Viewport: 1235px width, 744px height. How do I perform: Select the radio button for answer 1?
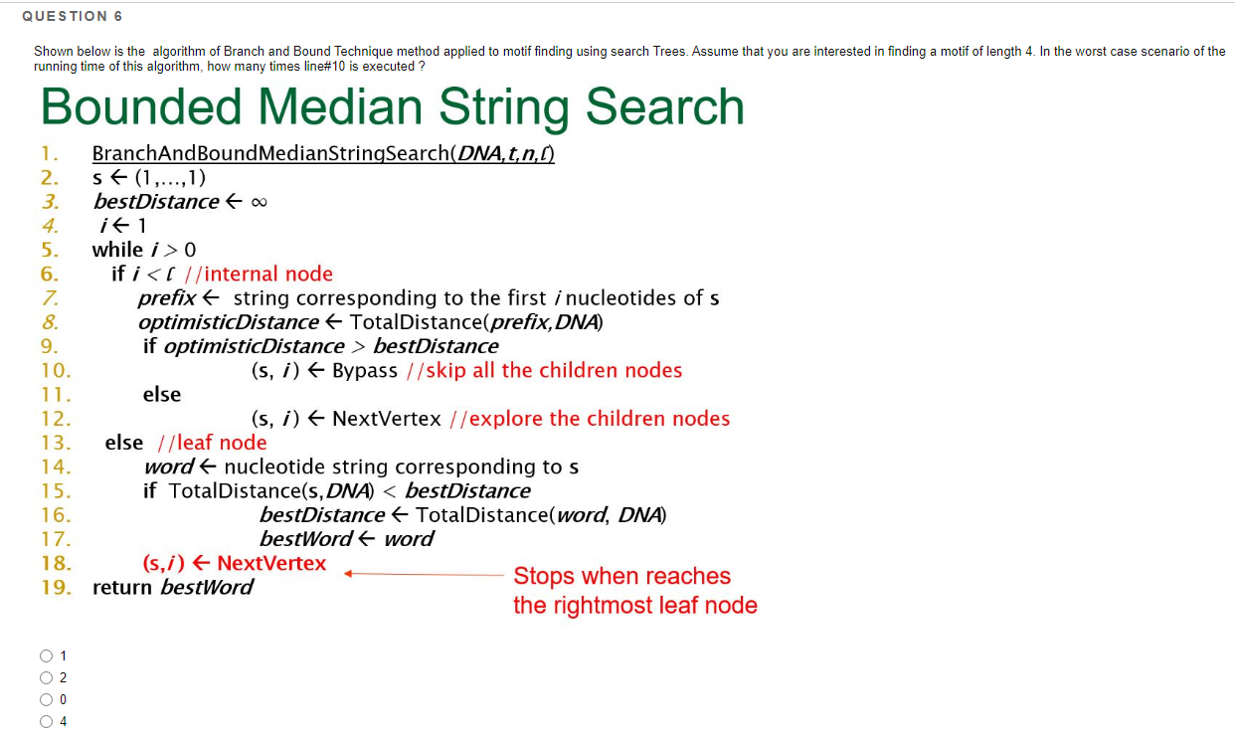(x=46, y=655)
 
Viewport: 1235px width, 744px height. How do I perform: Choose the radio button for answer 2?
(x=46, y=677)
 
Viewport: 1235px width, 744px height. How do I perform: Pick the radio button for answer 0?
(x=46, y=699)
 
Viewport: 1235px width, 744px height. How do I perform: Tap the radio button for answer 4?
(x=46, y=721)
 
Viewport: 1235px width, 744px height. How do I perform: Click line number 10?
(x=55, y=371)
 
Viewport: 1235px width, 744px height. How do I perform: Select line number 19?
(x=55, y=587)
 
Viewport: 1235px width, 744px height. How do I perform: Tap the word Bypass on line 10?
(x=364, y=371)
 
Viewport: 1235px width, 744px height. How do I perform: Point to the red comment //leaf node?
(x=214, y=443)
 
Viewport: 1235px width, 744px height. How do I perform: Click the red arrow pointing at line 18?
(x=423, y=574)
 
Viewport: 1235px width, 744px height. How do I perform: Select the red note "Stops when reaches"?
(x=621, y=576)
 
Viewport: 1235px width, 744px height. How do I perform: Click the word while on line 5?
(x=117, y=250)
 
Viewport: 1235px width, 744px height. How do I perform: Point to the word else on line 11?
(x=162, y=395)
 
